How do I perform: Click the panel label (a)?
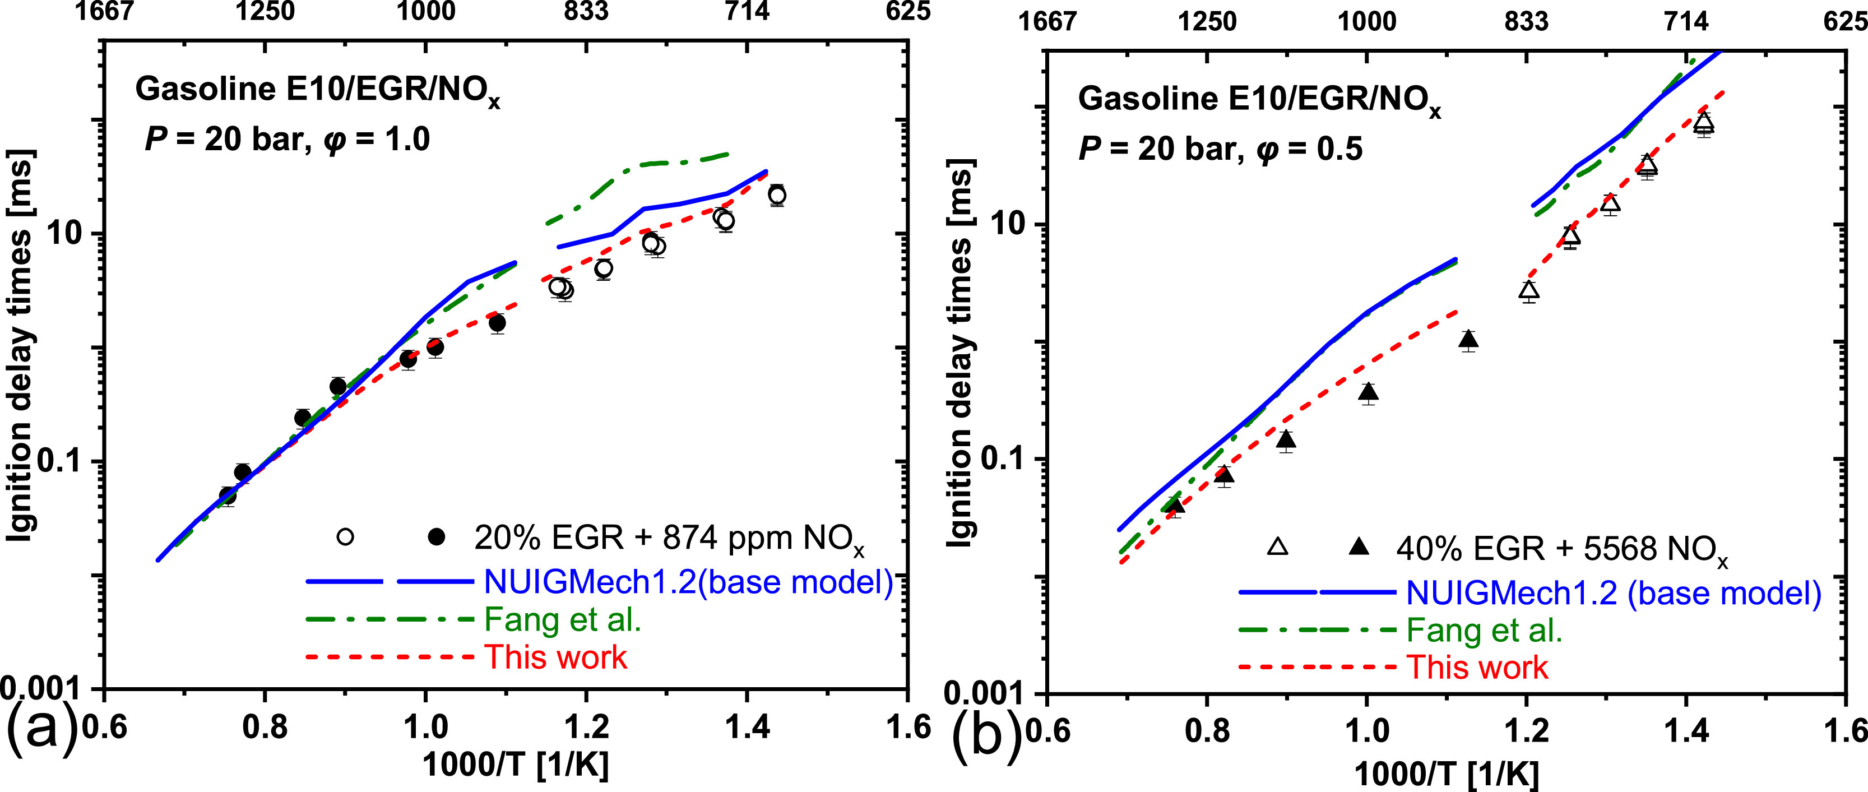[40, 729]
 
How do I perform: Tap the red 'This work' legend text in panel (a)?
[555, 657]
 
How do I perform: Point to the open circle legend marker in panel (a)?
[346, 538]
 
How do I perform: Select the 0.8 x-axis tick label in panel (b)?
[1207, 731]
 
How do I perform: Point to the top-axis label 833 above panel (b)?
[1527, 22]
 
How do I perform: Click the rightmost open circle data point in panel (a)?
[777, 195]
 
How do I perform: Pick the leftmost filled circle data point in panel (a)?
[228, 497]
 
